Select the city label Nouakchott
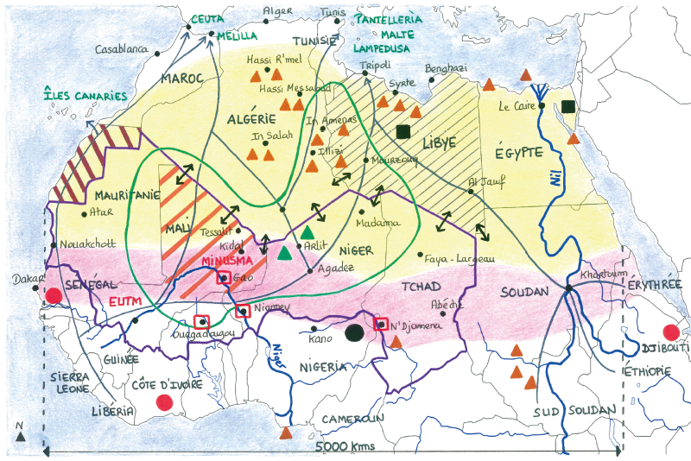point(86,243)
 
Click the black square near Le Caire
point(567,106)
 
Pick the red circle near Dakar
point(54,295)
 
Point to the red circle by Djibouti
point(670,332)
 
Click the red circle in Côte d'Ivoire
point(162,401)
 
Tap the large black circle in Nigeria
point(353,332)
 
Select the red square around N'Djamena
point(380,324)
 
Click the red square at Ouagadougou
point(202,321)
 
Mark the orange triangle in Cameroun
point(287,432)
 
